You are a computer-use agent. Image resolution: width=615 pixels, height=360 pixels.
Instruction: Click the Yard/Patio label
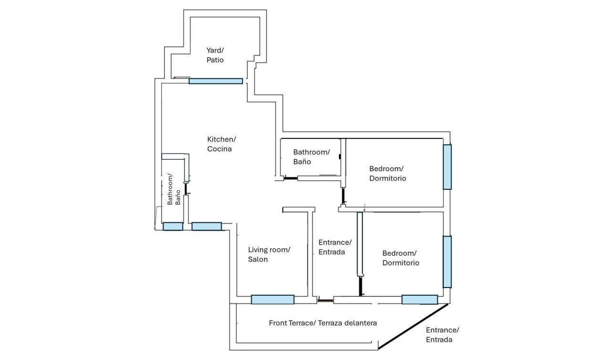pos(215,55)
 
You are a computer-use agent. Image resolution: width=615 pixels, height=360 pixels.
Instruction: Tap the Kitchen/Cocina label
pos(221,144)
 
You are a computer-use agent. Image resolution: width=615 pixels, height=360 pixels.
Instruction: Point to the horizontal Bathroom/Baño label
pos(311,157)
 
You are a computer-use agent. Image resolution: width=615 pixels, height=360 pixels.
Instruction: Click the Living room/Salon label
pos(269,255)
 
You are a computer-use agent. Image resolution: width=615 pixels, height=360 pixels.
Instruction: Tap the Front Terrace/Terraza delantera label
pos(323,323)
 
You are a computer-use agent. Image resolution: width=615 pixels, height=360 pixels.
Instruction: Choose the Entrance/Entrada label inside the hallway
pos(335,247)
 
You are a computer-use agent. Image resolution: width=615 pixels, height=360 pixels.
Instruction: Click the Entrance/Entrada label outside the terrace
pos(442,335)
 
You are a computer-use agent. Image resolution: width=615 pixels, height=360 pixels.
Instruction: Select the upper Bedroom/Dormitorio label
pos(388,174)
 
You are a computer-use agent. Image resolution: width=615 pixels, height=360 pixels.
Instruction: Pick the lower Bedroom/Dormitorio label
pos(400,258)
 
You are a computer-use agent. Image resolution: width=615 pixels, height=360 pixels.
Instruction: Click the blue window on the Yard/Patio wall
pos(215,81)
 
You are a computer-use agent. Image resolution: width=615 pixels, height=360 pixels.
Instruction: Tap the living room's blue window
pos(272,299)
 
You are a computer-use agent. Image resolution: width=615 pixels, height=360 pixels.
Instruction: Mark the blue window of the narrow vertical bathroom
pos(173,226)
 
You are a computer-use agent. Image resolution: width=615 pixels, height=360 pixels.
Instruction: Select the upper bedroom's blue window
pos(447,167)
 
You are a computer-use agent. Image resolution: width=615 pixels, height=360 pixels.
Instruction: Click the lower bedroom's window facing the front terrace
pos(420,299)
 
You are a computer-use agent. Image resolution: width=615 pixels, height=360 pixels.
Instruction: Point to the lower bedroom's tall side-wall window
pos(447,262)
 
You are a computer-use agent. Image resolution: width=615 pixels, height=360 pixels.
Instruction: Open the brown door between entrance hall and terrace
pos(326,300)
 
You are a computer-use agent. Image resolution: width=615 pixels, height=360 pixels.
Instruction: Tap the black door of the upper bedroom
pos(343,195)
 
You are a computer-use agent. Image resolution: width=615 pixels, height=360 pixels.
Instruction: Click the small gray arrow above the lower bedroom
pos(364,207)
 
